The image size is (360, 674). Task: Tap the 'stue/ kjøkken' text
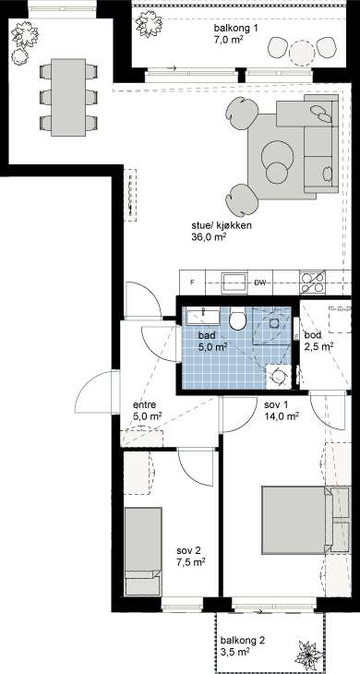[222, 226]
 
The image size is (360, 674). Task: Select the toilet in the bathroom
[237, 319]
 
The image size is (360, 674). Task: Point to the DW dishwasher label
[260, 283]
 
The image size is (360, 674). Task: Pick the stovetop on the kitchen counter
[312, 282]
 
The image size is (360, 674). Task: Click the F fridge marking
[193, 283]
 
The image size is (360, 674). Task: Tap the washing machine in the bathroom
[278, 377]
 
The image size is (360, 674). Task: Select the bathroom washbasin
[202, 317]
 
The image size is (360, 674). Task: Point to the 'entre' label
[144, 404]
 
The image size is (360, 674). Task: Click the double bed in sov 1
[306, 520]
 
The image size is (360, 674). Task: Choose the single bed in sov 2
[143, 551]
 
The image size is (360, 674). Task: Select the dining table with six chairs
[68, 97]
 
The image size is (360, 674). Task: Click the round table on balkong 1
[302, 53]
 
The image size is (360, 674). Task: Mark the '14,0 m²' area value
[282, 416]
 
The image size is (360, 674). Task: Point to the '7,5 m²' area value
[191, 561]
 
